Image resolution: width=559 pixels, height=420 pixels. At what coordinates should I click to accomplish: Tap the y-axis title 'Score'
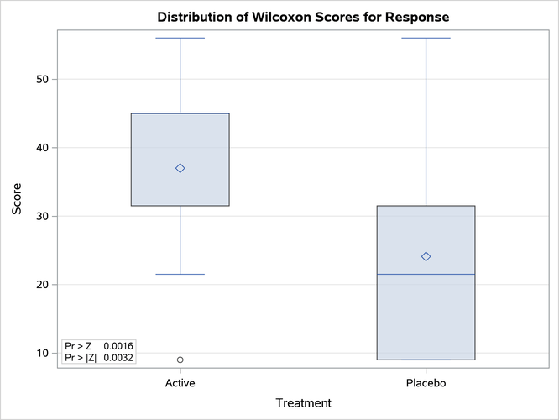[17, 198]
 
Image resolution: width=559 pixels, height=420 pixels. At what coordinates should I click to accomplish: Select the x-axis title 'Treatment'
[303, 403]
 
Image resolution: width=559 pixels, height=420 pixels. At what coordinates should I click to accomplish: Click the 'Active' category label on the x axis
[180, 383]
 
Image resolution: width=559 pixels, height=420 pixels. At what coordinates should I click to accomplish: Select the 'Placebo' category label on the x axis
[426, 383]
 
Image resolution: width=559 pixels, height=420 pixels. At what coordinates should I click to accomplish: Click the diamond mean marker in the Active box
[180, 168]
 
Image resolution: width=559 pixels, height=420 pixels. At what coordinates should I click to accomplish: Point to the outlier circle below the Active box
[180, 360]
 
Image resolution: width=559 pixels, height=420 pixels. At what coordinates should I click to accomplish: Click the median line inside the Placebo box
[426, 274]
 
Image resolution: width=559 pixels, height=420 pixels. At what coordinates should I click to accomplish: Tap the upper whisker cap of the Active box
[180, 38]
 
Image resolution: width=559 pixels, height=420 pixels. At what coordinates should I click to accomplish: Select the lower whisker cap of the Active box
[180, 274]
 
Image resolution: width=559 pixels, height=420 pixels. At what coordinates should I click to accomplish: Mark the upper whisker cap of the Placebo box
[426, 38]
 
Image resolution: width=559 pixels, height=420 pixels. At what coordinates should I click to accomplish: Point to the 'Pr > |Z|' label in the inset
[81, 358]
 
